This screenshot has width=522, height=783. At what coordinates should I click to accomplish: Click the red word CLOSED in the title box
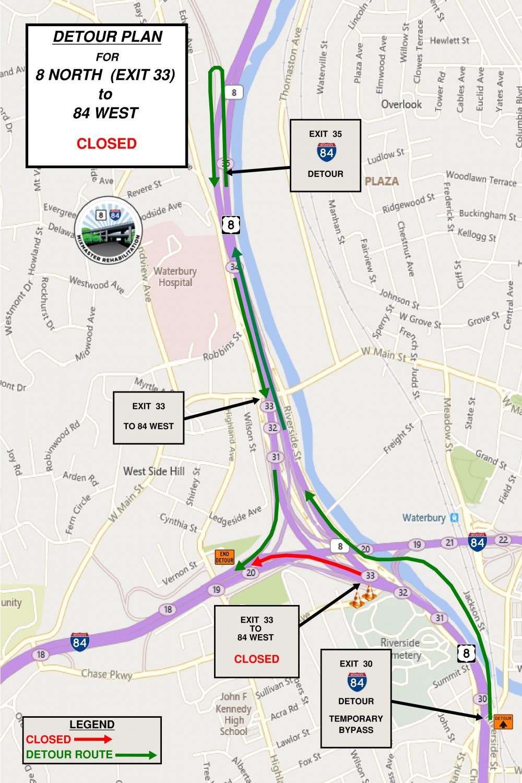point(106,144)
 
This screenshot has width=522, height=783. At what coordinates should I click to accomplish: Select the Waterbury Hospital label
point(175,277)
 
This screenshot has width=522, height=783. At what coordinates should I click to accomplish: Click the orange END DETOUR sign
point(224,557)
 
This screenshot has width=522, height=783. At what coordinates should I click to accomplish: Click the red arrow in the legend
point(93,739)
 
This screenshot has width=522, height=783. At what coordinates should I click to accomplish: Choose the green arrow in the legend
point(135,755)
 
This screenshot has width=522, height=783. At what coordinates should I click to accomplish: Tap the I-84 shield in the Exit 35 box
point(326,152)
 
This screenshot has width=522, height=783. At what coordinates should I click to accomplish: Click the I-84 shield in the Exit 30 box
point(357,682)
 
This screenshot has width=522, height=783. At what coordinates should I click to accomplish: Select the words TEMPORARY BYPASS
point(356,724)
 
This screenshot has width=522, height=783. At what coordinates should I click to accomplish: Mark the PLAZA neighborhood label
point(382,181)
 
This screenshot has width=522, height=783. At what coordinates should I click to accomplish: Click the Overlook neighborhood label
point(401,104)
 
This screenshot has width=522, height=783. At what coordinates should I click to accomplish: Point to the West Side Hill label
point(154,471)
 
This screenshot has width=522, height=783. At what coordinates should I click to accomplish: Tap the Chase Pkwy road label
point(106,674)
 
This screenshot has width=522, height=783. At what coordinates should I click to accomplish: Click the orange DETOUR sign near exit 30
point(503,721)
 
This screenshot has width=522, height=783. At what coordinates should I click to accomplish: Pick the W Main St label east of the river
point(384,354)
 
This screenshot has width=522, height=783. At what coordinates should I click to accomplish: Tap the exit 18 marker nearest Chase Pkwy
point(41,655)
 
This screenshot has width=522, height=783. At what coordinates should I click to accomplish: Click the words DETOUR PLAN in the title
point(108,37)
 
